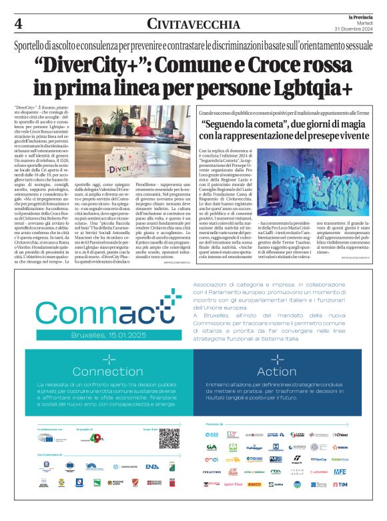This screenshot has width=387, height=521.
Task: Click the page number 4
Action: [x=17, y=23]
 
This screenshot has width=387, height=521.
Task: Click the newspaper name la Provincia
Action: [x=363, y=15]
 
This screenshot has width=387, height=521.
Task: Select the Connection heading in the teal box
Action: [x=107, y=372]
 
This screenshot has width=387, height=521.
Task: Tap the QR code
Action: [x=168, y=438]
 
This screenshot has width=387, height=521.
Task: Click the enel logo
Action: [x=212, y=460]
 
